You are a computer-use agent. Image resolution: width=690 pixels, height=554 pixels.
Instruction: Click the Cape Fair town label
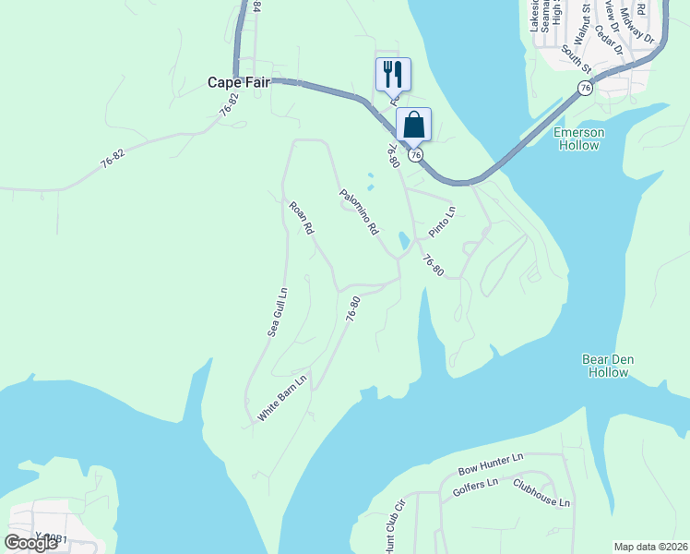click(238, 82)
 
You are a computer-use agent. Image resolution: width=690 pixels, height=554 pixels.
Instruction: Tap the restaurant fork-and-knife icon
click(393, 74)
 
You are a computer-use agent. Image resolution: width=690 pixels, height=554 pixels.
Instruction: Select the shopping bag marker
click(414, 125)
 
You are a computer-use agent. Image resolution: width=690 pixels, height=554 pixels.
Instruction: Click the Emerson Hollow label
click(578, 138)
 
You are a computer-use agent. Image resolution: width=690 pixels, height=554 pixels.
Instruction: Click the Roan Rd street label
click(301, 218)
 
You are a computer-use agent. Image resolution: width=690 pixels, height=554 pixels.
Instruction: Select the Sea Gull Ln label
click(278, 311)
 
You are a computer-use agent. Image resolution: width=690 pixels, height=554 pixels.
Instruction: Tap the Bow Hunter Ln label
click(491, 464)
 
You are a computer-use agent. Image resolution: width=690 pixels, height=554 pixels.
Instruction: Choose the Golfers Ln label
click(475, 488)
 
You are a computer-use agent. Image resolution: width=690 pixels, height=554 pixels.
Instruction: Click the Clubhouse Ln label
click(542, 495)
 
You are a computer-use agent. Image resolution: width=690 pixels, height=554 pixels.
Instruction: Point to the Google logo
click(30, 543)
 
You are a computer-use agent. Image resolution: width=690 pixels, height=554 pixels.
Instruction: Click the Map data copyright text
click(651, 547)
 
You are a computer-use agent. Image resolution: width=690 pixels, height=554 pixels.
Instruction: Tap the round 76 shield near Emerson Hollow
click(585, 87)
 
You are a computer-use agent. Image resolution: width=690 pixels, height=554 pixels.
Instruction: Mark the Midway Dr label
click(636, 26)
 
